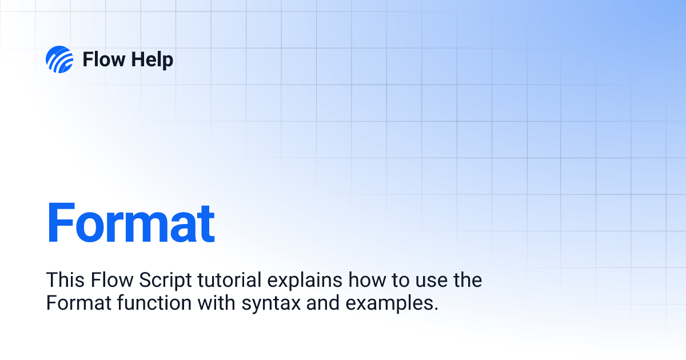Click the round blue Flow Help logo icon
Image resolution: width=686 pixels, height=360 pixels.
point(59,59)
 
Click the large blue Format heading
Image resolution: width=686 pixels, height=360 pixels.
point(130,223)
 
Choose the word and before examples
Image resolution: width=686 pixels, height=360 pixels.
point(324,303)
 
